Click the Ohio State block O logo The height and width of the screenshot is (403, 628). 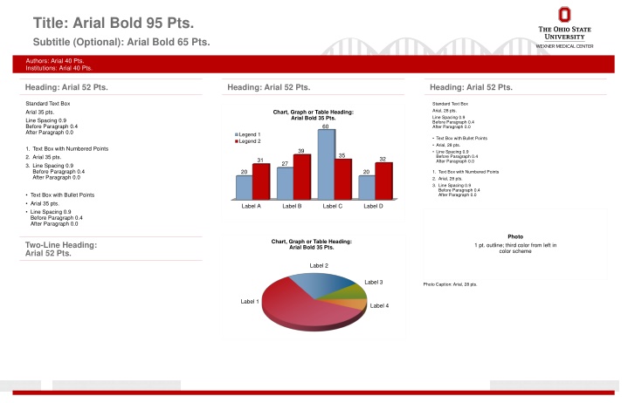coord(563,15)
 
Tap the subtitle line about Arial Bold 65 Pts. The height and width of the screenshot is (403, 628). coord(121,42)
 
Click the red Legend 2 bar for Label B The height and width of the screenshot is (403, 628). coord(302,174)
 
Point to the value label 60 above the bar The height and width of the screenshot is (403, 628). coord(325,127)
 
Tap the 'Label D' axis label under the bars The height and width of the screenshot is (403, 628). coord(373,206)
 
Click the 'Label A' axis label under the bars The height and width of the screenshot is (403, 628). coord(252,206)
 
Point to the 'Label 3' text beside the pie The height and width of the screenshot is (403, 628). coord(374,283)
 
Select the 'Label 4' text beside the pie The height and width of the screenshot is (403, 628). coord(379,305)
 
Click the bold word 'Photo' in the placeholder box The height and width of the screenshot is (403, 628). coord(515,236)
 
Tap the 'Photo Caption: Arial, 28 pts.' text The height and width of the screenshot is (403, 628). coord(450,285)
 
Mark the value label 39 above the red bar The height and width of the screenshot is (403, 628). coord(300,151)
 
